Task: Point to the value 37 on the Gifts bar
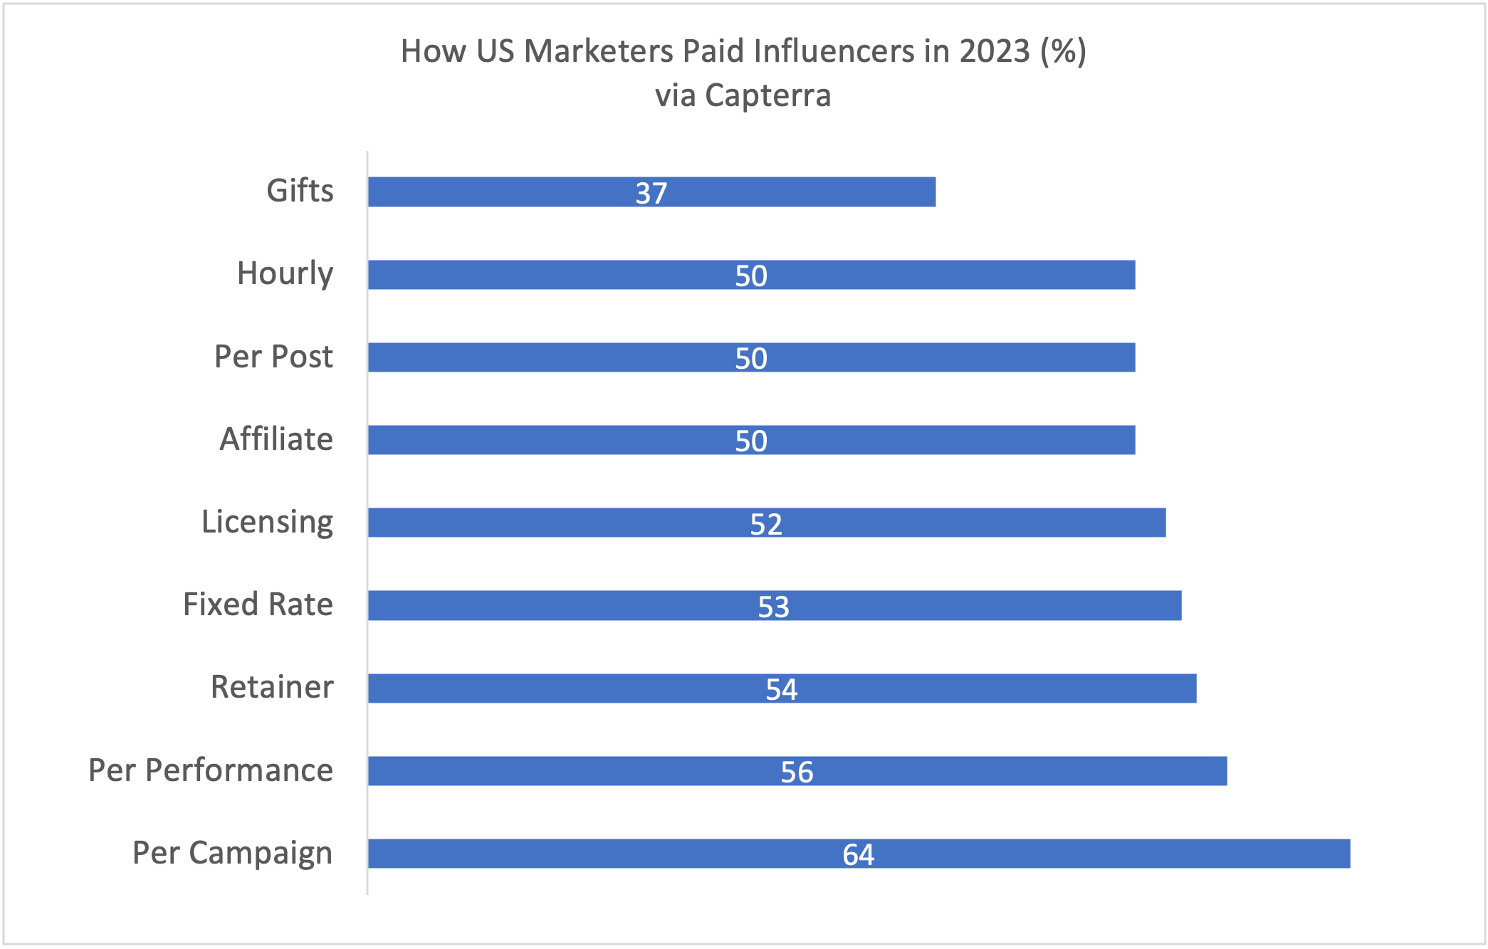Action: (x=651, y=193)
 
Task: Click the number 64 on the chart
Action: (x=859, y=854)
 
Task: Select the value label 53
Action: (x=774, y=607)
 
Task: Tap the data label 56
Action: (x=797, y=772)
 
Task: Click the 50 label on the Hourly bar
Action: (x=751, y=276)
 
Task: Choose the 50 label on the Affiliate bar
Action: (x=751, y=441)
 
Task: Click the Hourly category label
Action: (x=285, y=273)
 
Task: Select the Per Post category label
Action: (x=273, y=356)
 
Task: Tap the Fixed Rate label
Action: (x=258, y=604)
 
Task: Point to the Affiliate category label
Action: (x=276, y=439)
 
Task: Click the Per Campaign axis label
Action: (x=232, y=853)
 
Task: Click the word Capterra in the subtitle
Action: (x=767, y=95)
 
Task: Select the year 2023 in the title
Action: (x=995, y=51)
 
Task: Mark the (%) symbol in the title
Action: (x=1063, y=51)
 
